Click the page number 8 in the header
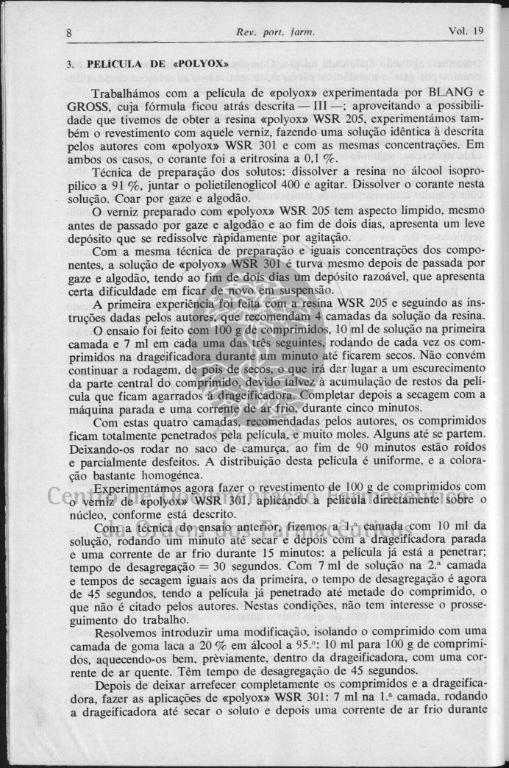68,32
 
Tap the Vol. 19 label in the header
465,32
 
